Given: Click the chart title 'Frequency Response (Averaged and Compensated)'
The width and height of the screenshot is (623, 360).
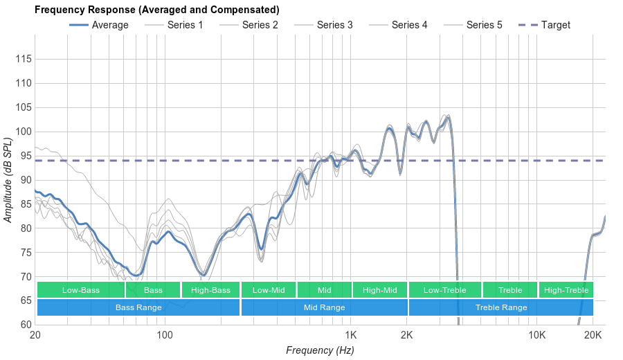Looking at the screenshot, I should coord(156,10).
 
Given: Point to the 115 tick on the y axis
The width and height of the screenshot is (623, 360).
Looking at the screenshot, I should coord(24,60).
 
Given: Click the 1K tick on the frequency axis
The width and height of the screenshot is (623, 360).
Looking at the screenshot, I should coord(350,336).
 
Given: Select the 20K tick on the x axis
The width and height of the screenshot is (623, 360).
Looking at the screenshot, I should coord(593,336).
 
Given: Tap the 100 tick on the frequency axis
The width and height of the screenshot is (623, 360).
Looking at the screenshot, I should coord(165,336).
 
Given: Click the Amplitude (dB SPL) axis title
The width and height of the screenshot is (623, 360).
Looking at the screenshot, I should coord(8,180).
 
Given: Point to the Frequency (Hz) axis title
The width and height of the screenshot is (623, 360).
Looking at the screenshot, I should coord(320,350).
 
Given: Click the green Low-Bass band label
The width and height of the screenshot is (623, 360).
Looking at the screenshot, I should coord(81,290).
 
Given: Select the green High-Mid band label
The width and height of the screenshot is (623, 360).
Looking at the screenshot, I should coord(380,290).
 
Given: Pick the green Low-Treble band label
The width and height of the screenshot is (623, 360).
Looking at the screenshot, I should coord(444,290).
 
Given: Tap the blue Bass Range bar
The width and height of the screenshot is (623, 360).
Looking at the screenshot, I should coord(138,307).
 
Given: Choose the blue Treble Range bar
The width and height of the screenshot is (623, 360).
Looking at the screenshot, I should coord(501,307).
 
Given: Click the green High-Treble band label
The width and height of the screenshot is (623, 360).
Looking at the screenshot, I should coord(566,290).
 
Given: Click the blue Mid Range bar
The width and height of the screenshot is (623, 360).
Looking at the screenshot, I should coord(324,307).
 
